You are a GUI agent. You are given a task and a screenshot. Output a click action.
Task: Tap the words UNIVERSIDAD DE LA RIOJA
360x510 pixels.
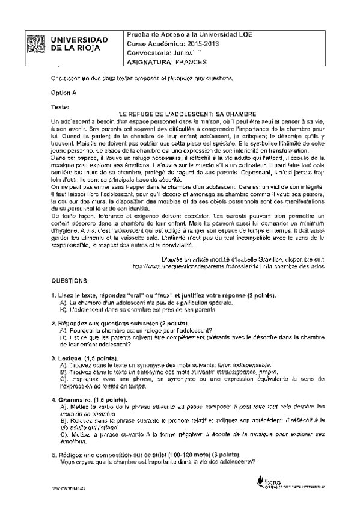88,44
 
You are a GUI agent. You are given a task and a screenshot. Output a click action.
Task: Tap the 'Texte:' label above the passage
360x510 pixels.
61,106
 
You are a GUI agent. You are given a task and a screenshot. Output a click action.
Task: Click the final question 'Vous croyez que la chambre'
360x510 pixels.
157,462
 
